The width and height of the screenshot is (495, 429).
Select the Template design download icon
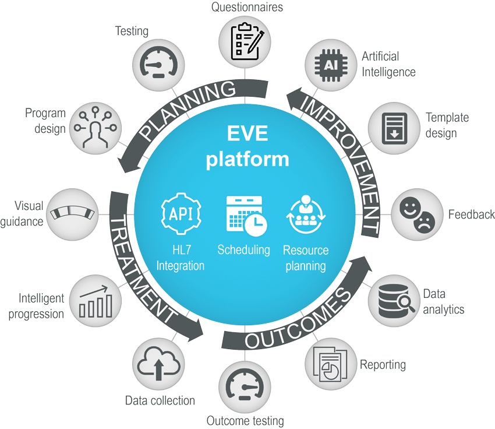click(x=393, y=125)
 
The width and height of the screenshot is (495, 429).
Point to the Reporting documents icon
click(x=330, y=364)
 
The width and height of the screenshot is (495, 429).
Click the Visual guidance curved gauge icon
click(x=72, y=213)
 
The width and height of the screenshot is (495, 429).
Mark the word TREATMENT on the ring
click(x=143, y=268)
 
